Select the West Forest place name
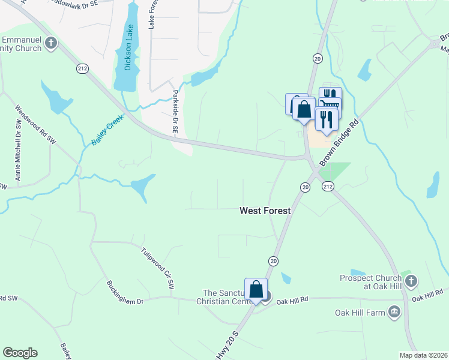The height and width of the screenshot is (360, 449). coord(265,211)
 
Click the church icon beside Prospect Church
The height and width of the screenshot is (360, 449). coord(411,280)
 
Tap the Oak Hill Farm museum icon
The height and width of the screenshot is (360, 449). coord(394,311)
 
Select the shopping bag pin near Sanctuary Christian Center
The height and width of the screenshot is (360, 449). coord(256,289)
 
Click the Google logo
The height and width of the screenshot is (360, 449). coord(20,353)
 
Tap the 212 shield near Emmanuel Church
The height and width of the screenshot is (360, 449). coord(82,69)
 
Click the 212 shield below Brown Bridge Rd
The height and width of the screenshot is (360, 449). coord(328,187)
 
